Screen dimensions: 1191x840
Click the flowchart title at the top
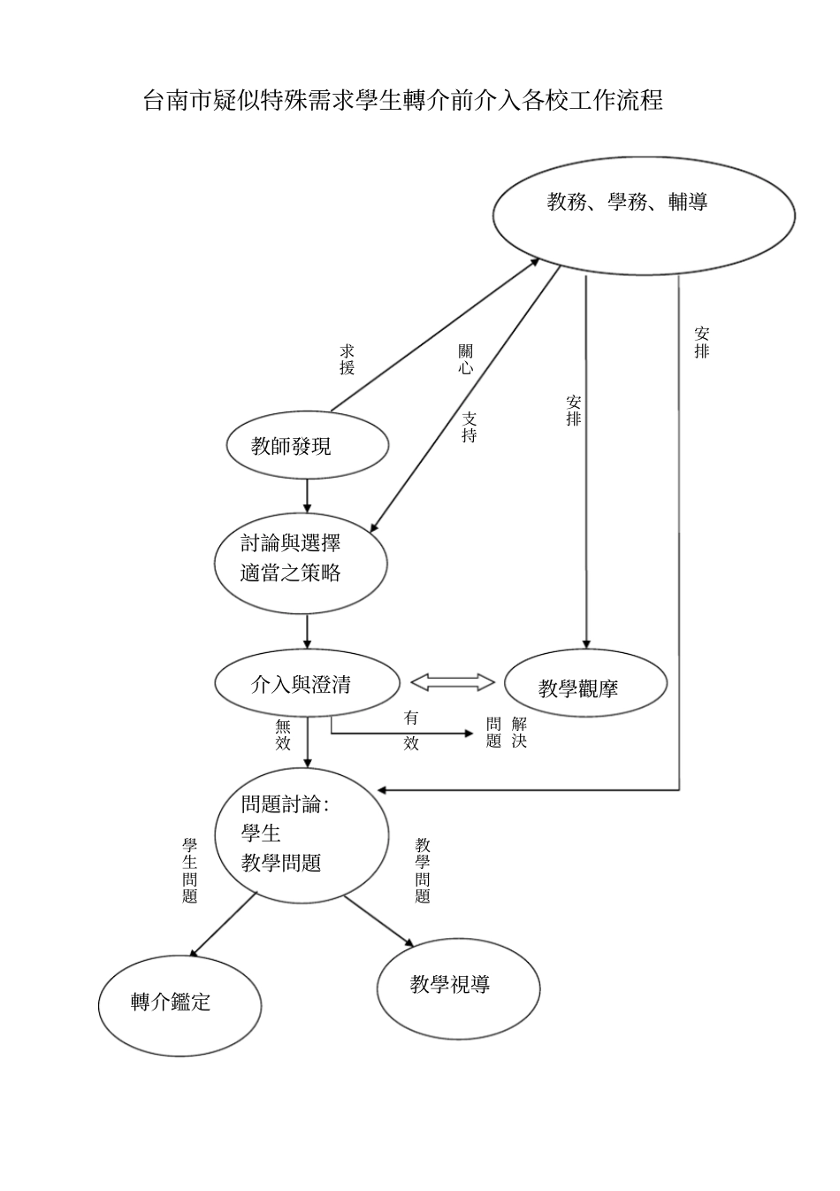403,100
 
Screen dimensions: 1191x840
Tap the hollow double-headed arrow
453,682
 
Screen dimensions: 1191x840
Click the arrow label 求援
347,360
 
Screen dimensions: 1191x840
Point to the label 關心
465,360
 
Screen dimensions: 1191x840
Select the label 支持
469,426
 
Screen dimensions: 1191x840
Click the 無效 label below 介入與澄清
283,734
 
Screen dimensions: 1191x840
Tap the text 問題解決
507,733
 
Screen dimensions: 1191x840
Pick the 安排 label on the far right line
701,342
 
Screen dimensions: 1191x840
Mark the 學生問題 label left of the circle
189,871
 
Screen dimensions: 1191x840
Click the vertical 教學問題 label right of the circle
423,871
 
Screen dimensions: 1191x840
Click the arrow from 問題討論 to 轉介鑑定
223,925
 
